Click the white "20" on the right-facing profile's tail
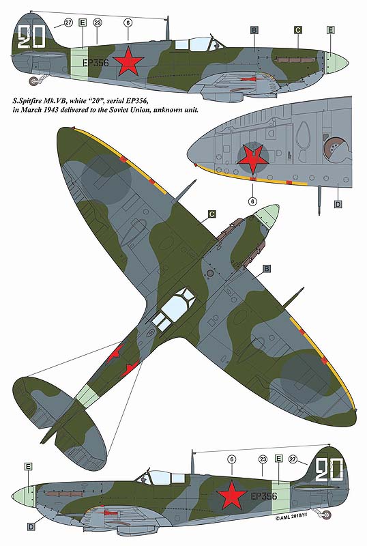[31, 37]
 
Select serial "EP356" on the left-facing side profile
[264, 496]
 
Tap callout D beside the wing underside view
[338, 204]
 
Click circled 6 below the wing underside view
[253, 201]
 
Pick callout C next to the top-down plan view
[212, 214]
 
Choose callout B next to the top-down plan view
[267, 269]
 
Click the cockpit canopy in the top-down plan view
[173, 309]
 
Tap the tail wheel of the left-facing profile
[327, 514]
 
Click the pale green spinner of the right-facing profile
[338, 63]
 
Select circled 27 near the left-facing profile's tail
[293, 459]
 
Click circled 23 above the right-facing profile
[98, 23]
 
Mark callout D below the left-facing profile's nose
[31, 527]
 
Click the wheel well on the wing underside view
[336, 149]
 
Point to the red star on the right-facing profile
[129, 61]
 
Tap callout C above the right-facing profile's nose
[298, 30]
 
